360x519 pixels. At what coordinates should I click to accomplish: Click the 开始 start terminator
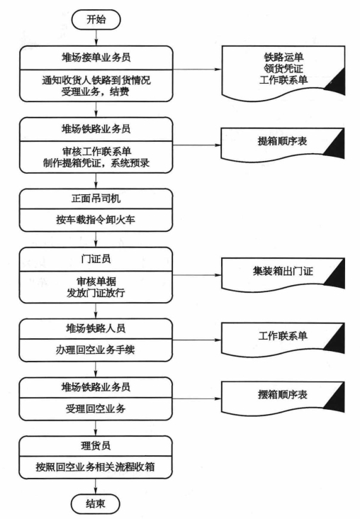coord(96,20)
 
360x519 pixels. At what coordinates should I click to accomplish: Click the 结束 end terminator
coord(95,504)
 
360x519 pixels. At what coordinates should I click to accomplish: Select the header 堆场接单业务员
coord(96,57)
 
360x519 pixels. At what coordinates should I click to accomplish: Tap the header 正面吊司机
coord(96,199)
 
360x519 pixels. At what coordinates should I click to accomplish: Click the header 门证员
coord(96,259)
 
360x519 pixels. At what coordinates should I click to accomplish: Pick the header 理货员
coord(96,445)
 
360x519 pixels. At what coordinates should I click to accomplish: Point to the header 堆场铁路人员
coord(96,328)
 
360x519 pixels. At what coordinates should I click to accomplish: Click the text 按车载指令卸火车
coord(96,220)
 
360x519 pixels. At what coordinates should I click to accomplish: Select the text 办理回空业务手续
coord(96,350)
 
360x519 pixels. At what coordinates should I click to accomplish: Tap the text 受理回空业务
coord(96,409)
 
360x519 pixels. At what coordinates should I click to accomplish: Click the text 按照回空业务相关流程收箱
coord(96,467)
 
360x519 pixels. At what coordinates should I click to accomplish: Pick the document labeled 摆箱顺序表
coord(283,397)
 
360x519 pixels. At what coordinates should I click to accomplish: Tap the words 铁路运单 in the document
coord(283,57)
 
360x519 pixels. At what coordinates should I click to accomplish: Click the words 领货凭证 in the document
coord(283,69)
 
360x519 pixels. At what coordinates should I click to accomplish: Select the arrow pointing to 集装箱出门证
coord(197,274)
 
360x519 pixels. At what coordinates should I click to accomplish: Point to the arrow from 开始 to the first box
coord(96,38)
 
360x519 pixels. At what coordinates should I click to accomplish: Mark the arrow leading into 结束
coord(96,486)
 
